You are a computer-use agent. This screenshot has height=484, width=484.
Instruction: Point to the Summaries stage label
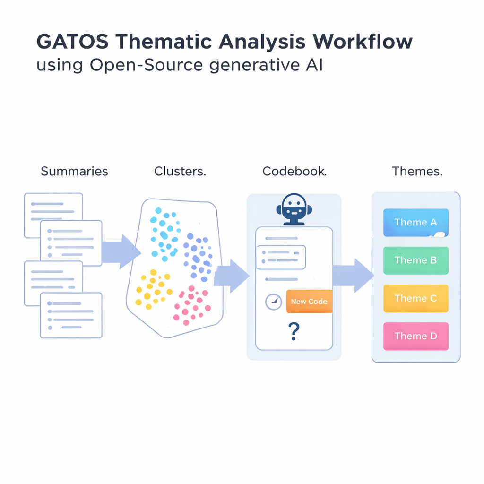[x=74, y=171]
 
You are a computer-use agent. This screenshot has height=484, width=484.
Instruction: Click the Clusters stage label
[x=180, y=171]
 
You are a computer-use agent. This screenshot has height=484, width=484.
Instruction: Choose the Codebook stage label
[x=294, y=171]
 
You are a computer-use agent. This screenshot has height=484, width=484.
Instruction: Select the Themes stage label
[x=417, y=171]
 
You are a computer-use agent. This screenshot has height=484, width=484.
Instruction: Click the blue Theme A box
[x=415, y=222]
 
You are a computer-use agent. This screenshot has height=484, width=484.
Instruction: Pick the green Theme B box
[x=415, y=260]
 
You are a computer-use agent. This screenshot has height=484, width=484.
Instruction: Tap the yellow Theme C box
[x=415, y=298]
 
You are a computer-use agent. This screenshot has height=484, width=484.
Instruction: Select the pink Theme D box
[x=415, y=336]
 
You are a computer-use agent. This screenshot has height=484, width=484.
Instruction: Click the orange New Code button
[x=309, y=302]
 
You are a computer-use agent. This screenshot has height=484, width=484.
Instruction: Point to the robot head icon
[x=294, y=208]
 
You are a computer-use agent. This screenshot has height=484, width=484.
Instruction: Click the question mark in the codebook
[x=294, y=331]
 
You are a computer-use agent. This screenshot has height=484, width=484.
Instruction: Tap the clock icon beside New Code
[x=274, y=302]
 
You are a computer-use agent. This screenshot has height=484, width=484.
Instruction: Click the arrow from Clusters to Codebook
[x=232, y=276]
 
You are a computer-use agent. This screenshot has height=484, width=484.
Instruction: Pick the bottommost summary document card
[x=71, y=315]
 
